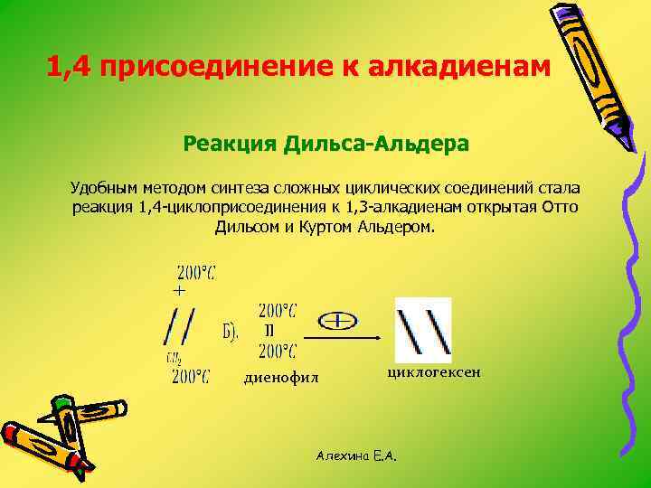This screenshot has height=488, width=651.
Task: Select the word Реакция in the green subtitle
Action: click(x=229, y=144)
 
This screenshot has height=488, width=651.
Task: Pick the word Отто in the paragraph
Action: click(x=560, y=207)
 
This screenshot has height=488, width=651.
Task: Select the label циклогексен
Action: click(x=429, y=371)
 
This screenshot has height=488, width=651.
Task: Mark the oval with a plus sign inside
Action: click(x=336, y=321)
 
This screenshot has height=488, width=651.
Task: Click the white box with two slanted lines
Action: click(x=423, y=329)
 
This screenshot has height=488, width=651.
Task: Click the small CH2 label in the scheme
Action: click(x=173, y=359)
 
